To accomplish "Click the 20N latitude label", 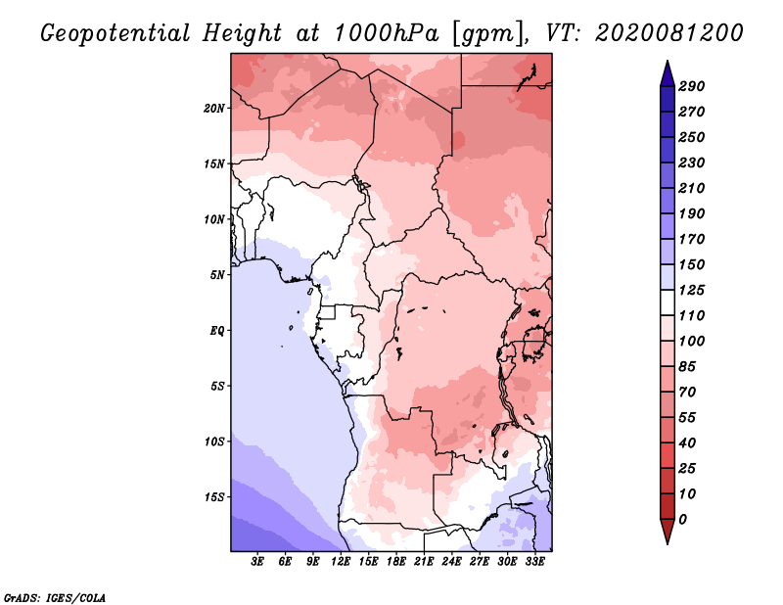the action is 214,109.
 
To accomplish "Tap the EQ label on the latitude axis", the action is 217,331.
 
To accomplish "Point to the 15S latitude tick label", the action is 214,497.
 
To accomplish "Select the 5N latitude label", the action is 217,275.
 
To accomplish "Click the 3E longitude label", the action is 257,562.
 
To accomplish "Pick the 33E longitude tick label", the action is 534,562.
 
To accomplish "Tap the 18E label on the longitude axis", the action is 396,562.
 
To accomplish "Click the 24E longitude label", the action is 451,562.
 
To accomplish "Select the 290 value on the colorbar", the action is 692,86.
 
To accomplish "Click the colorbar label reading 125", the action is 692,290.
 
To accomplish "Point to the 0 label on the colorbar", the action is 682,520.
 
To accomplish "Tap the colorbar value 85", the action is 687,367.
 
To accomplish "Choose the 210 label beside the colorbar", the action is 692,188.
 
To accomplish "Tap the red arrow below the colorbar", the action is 668,531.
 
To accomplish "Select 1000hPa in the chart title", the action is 386,33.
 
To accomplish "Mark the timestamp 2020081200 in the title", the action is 669,33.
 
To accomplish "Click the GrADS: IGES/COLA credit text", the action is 55,598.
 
